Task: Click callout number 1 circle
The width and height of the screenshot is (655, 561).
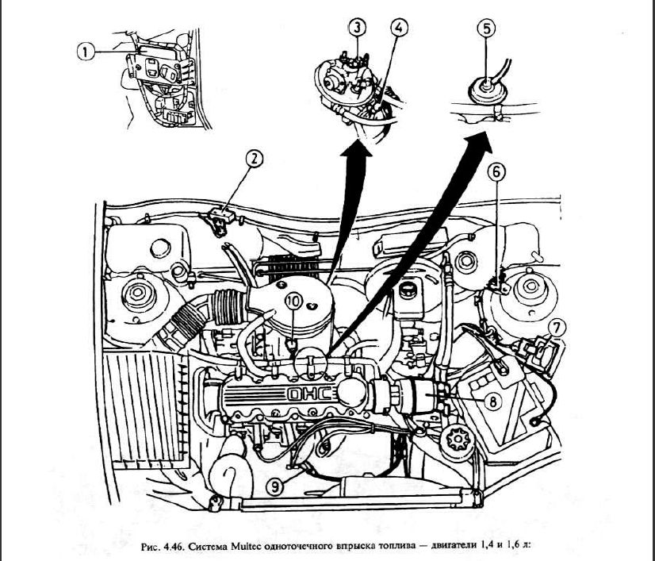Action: (86, 51)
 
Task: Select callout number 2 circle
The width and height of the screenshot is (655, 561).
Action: (254, 159)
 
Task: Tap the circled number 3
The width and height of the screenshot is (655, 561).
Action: (358, 28)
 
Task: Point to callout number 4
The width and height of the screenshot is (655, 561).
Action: (399, 28)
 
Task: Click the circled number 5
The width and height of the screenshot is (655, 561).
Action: (486, 28)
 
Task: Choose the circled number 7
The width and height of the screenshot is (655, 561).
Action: (557, 326)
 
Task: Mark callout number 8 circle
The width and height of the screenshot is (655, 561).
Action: (492, 402)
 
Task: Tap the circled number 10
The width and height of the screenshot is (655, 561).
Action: (293, 302)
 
